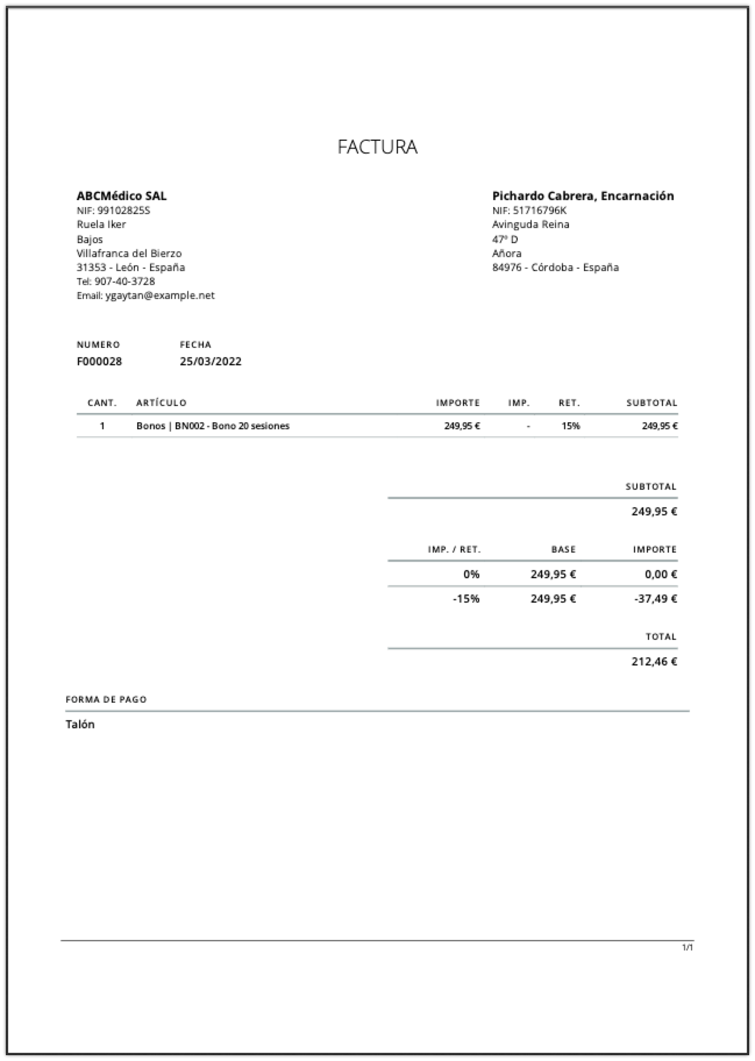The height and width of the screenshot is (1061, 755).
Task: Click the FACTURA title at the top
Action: pos(377,147)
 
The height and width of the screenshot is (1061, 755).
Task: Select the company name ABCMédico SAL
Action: pos(122,196)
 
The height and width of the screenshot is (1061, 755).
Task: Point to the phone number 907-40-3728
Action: pos(124,282)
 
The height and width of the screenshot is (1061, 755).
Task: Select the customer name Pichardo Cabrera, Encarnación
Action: pos(583,196)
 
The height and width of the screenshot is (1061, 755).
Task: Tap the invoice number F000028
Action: pos(99,361)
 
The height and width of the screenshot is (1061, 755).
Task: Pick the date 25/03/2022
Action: pos(211,361)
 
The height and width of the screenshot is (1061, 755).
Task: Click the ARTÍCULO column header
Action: pos(161,403)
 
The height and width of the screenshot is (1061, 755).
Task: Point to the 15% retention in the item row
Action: pos(571,426)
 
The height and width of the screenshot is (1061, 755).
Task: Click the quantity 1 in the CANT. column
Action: pos(102,426)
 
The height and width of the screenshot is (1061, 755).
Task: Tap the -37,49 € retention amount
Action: pos(656,599)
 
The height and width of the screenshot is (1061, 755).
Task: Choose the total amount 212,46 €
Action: pos(654,661)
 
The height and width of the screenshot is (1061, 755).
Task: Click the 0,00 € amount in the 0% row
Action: pos(661,574)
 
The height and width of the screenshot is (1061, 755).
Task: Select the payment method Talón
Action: pos(80,724)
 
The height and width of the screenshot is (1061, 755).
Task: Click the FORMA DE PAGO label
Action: pos(106,699)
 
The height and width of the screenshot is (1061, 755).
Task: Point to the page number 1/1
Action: pos(688,948)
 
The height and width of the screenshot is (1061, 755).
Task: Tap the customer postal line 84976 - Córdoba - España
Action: pos(555,268)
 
